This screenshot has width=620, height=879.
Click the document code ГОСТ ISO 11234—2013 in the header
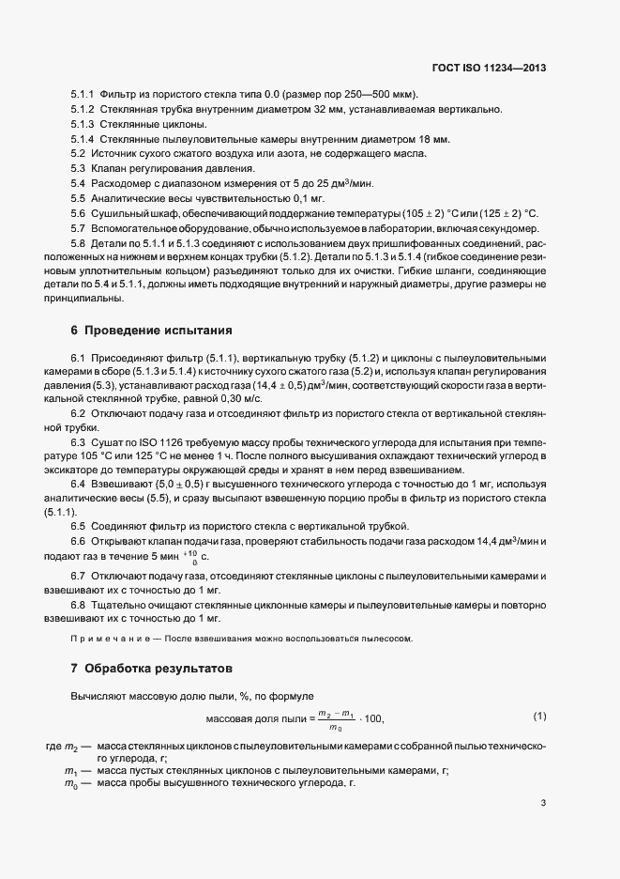(491, 69)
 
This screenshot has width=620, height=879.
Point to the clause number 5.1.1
(83, 96)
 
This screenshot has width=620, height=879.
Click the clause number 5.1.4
(83, 139)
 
